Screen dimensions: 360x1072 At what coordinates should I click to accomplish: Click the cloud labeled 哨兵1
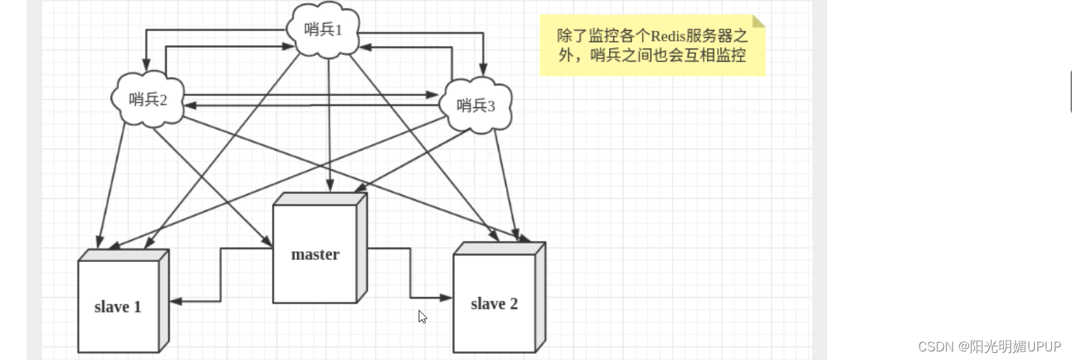tap(323, 30)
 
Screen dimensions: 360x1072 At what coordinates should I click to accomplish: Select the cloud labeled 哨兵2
tap(147, 99)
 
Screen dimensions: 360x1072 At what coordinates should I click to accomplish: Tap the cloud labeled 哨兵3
tap(476, 106)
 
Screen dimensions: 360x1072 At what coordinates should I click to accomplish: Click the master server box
tap(316, 254)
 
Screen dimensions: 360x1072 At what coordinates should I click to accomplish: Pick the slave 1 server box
tap(119, 306)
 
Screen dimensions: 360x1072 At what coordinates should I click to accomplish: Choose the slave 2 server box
tap(494, 303)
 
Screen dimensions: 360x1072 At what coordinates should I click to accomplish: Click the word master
tap(315, 254)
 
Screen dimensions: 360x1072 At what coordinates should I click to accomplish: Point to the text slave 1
tap(118, 307)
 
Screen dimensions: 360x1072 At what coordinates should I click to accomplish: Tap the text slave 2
tap(494, 303)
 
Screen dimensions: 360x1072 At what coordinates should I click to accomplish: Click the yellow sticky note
tap(652, 46)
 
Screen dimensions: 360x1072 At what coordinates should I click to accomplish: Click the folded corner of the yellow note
tap(759, 21)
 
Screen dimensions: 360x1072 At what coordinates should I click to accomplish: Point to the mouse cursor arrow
tap(422, 316)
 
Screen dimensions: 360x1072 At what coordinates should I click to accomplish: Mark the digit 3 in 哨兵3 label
tap(491, 107)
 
